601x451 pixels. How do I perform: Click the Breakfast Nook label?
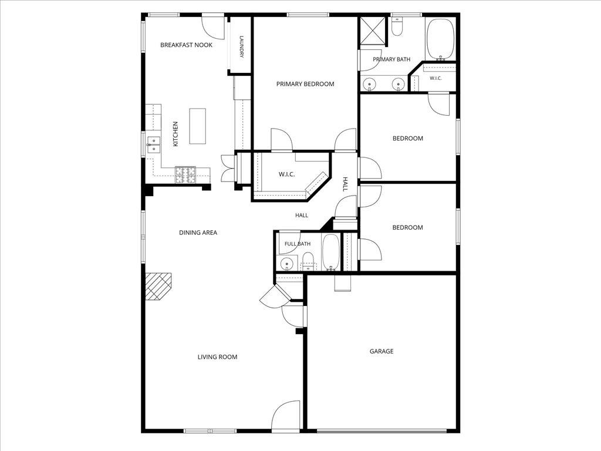(186, 45)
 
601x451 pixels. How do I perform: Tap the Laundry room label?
(242, 47)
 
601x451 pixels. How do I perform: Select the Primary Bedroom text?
(305, 84)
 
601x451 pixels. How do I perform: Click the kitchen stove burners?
(185, 174)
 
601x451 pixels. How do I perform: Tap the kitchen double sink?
(153, 145)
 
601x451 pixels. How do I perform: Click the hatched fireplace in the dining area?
(158, 287)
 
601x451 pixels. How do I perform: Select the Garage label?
(381, 351)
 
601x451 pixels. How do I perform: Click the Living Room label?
(217, 357)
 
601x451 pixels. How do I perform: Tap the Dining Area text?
(198, 233)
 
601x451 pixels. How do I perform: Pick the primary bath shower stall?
(372, 31)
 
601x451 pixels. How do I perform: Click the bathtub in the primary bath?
(441, 39)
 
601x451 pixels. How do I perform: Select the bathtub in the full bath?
(331, 252)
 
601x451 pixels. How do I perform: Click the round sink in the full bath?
(286, 264)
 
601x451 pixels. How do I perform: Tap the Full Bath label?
(298, 244)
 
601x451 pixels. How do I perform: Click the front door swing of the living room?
(286, 415)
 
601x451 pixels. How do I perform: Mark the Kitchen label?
(175, 134)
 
